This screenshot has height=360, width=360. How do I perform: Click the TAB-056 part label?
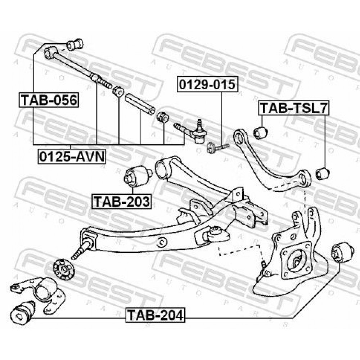coord(49,100)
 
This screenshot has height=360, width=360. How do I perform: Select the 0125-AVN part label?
coord(72,157)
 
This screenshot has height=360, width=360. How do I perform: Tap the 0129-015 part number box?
coord(207,84)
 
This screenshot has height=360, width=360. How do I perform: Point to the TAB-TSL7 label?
coord(294,108)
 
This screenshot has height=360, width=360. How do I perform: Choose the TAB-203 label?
coord(122,201)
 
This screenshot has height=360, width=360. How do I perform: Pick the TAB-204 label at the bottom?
coord(155,315)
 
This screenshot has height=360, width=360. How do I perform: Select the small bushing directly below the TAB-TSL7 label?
coord(261,132)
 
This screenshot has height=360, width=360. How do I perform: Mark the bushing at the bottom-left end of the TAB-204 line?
coord(23,311)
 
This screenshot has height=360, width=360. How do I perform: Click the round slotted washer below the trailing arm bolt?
coord(64,269)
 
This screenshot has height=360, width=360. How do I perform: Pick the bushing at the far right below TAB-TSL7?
coord(323,174)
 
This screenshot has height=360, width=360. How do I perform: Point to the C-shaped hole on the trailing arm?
coord(163,242)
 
